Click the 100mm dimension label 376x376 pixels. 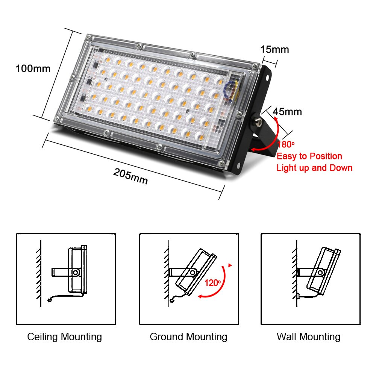pyautogui.click(x=33, y=69)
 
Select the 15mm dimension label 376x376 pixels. pyautogui.click(x=274, y=49)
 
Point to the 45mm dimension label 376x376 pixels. pyautogui.click(x=287, y=112)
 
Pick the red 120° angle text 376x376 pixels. pyautogui.click(x=213, y=283)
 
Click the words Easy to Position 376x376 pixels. pyautogui.click(x=309, y=156)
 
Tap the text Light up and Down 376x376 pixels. pyautogui.click(x=314, y=168)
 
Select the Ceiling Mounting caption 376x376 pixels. pyautogui.click(x=64, y=337)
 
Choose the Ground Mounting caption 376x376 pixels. pyautogui.click(x=188, y=337)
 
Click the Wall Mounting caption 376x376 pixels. pyautogui.click(x=308, y=337)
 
